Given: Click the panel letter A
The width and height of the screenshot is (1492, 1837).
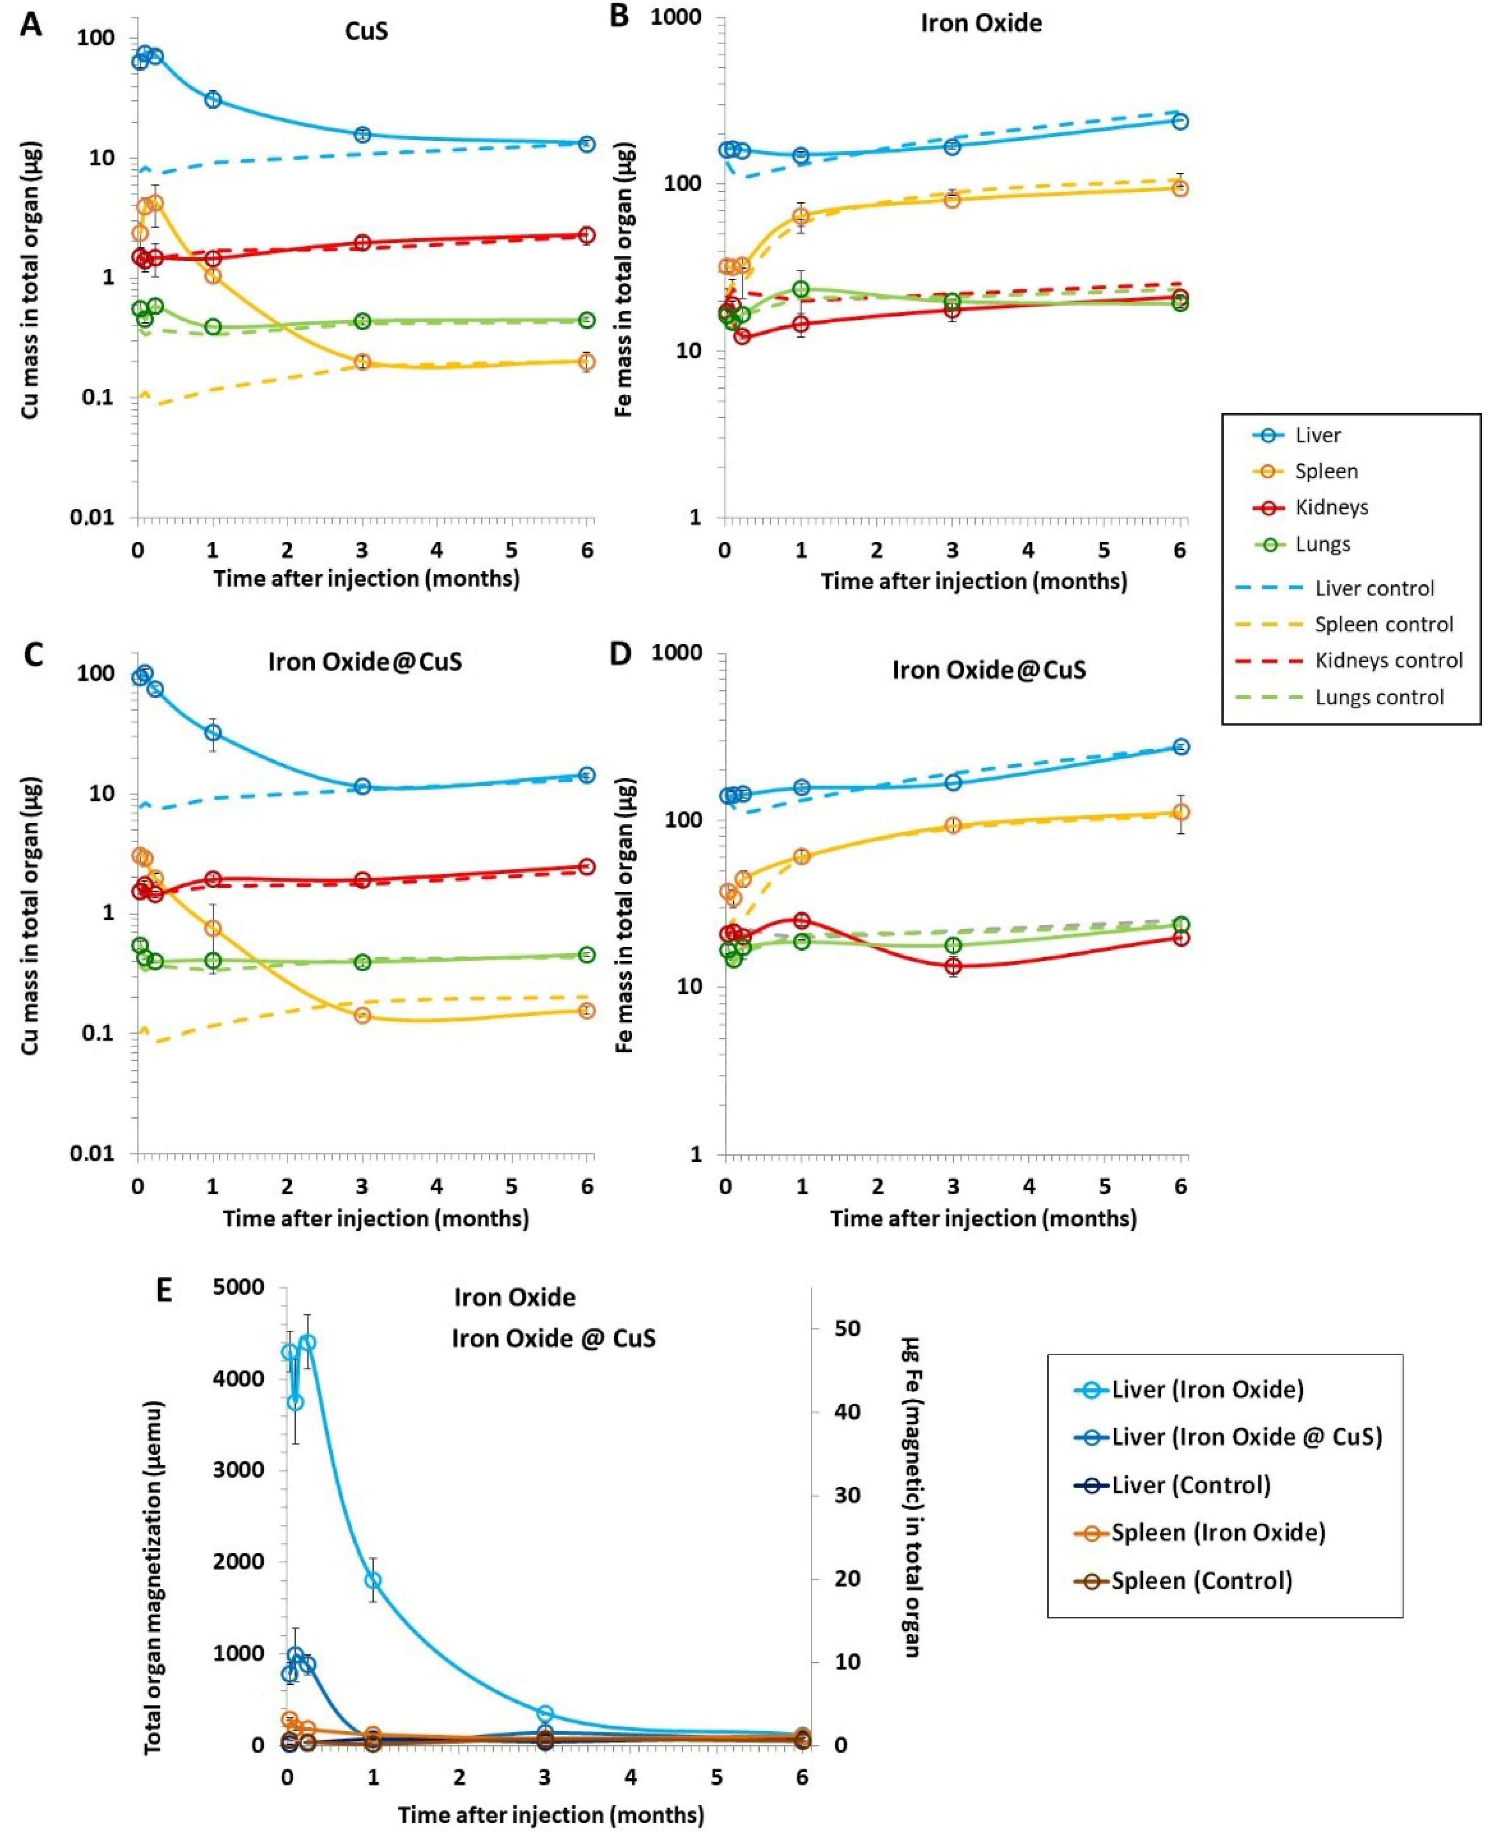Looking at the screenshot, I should pyautogui.click(x=31, y=24).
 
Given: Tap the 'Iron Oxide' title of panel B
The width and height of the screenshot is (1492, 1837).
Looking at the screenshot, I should pyautogui.click(x=981, y=23).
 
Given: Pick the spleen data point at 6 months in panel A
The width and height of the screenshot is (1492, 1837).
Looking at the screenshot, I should pyautogui.click(x=587, y=362).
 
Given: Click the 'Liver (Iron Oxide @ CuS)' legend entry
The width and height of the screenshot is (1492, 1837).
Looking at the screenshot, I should pyautogui.click(x=1246, y=1437).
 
